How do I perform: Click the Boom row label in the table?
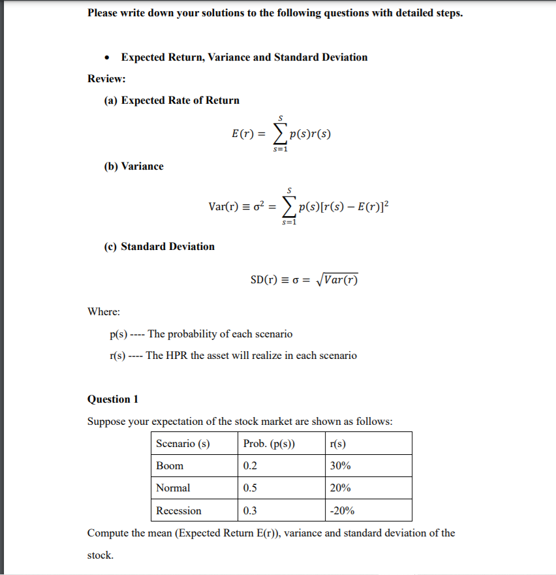click(x=170, y=466)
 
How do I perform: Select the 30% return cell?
click(x=341, y=466)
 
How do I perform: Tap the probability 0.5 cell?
click(x=250, y=488)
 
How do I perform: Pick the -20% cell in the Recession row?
click(x=343, y=510)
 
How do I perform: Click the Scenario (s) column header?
click(x=183, y=444)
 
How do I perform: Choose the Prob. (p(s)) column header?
click(x=269, y=444)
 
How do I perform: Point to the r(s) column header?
click(x=338, y=444)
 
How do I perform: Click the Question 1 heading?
click(x=112, y=399)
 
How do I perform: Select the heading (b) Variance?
click(x=133, y=166)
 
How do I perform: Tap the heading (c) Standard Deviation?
click(x=159, y=247)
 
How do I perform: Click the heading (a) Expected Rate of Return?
click(x=172, y=101)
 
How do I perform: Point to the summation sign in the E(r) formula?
click(x=279, y=134)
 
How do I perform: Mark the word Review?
click(x=106, y=79)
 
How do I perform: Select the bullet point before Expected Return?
click(x=107, y=57)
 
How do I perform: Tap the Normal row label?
click(x=173, y=488)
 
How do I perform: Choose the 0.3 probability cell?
click(x=250, y=510)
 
